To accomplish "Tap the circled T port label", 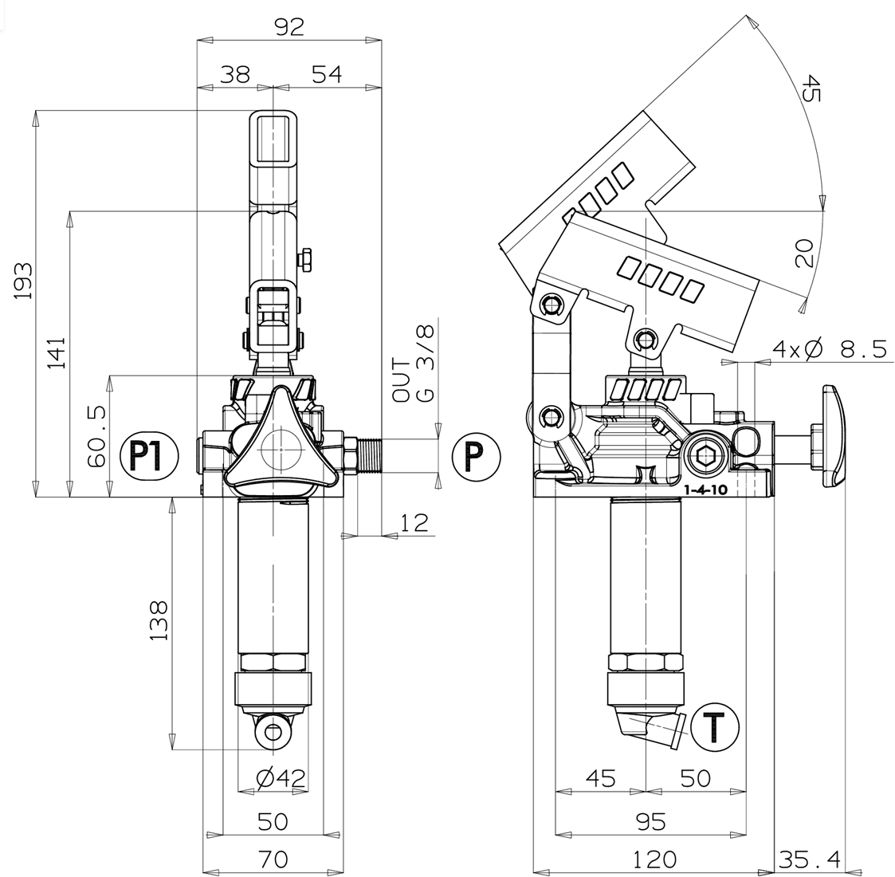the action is click(715, 727).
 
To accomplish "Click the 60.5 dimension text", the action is click(97, 436).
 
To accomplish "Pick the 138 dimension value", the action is click(159, 620).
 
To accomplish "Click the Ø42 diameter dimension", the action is click(281, 777).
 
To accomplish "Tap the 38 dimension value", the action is click(234, 73).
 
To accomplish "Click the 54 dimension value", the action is click(326, 73).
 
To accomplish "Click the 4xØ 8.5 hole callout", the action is click(830, 348).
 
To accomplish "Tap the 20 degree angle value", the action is click(803, 253).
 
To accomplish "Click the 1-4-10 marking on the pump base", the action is click(705, 490).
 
